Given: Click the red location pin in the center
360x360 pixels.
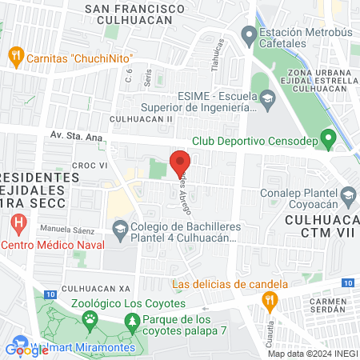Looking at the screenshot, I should (x=180, y=160).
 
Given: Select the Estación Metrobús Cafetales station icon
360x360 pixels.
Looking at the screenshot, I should (x=247, y=35).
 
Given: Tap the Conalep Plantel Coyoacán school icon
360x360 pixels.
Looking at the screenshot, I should (x=348, y=195).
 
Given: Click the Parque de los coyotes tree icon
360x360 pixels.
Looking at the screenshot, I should (x=131, y=322).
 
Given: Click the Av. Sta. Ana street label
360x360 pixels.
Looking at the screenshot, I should (x=75, y=137).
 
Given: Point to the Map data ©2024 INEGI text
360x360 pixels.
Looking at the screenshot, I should (x=312, y=353).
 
